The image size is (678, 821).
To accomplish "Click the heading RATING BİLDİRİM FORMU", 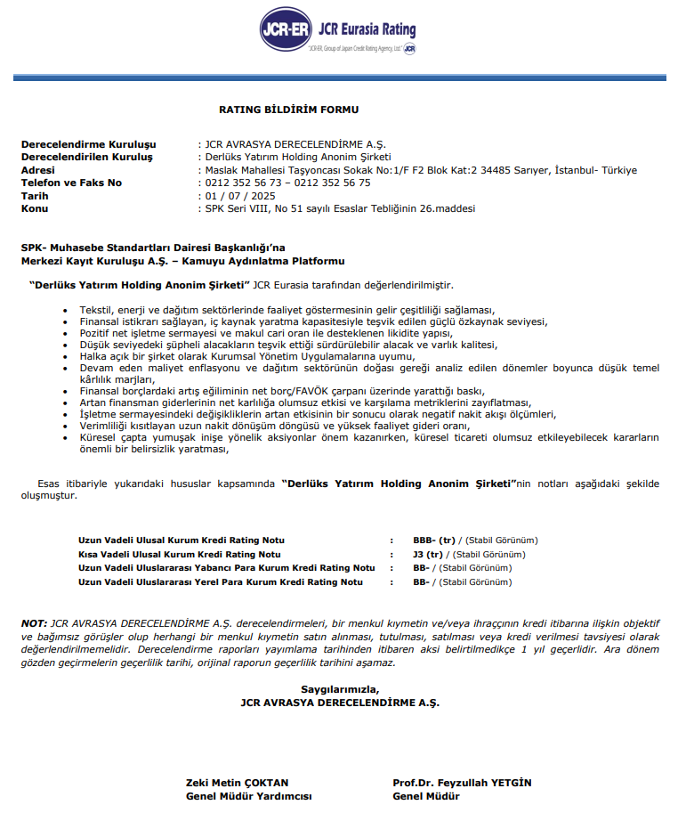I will (x=288, y=110).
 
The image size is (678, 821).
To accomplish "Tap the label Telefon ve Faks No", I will (x=71, y=183).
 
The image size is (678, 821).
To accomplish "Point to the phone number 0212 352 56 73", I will (x=243, y=183).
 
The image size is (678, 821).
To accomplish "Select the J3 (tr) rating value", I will (x=428, y=554).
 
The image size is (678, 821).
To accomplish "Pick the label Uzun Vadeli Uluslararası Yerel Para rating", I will (x=221, y=581).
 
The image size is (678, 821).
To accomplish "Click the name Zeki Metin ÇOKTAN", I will (x=237, y=783).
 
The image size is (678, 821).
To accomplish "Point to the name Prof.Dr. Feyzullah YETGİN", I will (x=461, y=783).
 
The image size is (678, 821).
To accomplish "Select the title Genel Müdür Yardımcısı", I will (x=248, y=796).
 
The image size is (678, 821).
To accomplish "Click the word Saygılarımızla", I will (x=339, y=689).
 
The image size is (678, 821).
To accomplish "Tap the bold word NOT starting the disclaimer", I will (x=34, y=623).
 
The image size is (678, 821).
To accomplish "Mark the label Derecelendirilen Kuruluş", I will (x=86, y=157).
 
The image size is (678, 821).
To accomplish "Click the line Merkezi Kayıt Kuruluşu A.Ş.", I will (x=182, y=261).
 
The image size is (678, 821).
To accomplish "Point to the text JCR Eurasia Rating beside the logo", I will (x=366, y=29).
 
